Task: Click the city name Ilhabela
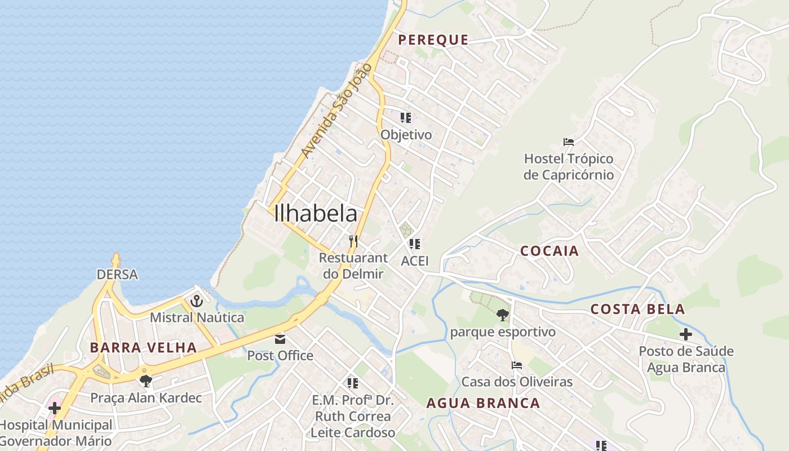316,214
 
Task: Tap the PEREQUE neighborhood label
433,39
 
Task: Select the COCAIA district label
549,251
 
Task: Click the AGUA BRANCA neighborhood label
483,403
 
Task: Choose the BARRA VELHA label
143,347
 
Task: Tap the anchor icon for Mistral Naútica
196,301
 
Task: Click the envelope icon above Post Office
280,339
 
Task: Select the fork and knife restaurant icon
353,241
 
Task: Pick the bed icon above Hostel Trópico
568,142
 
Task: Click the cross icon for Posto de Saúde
685,334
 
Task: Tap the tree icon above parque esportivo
503,315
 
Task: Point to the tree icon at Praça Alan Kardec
146,381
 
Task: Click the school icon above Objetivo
405,118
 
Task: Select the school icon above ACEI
415,244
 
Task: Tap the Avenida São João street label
336,111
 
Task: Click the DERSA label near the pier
117,275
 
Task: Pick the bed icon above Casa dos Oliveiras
516,365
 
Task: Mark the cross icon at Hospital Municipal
55,408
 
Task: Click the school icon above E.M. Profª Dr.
353,383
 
